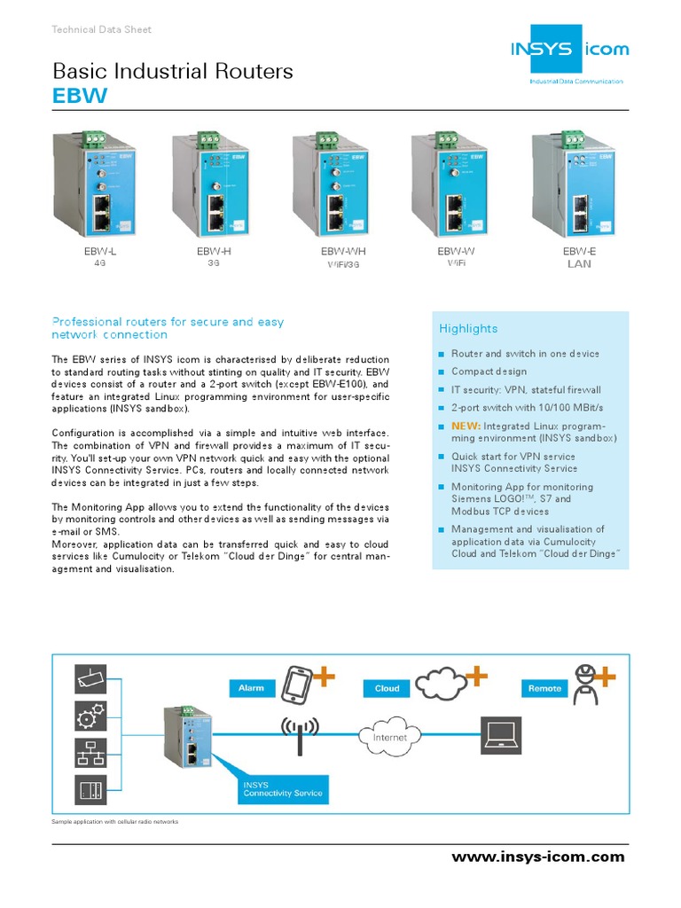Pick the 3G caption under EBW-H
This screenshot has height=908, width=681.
(x=214, y=263)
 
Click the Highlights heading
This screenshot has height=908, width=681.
(x=468, y=329)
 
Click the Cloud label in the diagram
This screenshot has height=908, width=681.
(x=387, y=688)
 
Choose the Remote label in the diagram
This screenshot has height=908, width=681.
(x=544, y=688)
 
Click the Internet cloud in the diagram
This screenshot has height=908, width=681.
(x=389, y=736)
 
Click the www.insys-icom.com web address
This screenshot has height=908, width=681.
(x=537, y=857)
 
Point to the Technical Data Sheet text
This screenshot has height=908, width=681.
(x=102, y=29)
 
